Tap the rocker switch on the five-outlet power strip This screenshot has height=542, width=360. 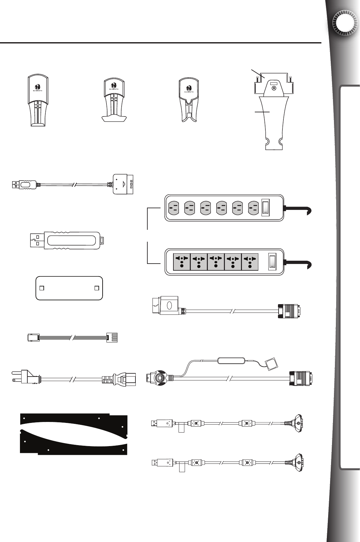272,261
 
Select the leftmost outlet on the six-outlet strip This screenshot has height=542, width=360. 173,208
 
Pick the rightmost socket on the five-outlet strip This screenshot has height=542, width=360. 250,261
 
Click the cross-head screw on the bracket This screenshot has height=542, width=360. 274,89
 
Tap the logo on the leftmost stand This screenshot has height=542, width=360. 38,87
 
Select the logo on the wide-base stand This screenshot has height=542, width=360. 113,85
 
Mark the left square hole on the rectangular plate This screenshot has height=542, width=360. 41,288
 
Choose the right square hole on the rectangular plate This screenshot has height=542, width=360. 97,288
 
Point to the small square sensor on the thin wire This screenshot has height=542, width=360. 270,363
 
